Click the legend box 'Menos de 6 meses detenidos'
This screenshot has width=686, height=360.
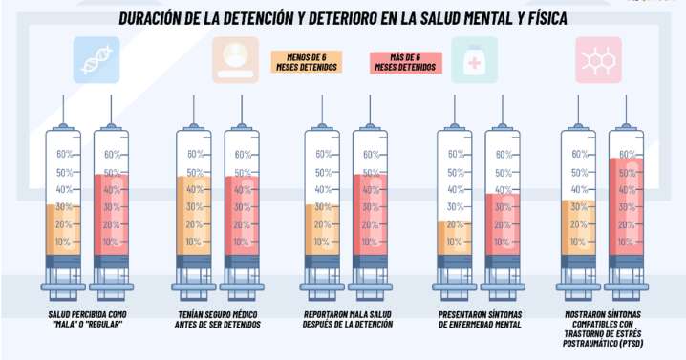pos(306,62)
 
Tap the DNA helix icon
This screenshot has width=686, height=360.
pos(97,59)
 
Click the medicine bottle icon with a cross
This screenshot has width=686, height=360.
pos(475,59)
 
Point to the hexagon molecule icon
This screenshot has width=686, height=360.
pos(599,59)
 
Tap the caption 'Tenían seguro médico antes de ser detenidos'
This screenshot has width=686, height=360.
pos(219,318)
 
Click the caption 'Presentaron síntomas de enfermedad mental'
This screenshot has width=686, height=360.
pos(480,318)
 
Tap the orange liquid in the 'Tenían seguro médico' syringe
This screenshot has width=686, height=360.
pos(193,215)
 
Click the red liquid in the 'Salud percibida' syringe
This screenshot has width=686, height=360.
pos(111,214)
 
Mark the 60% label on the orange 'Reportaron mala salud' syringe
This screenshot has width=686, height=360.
pos(320,154)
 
